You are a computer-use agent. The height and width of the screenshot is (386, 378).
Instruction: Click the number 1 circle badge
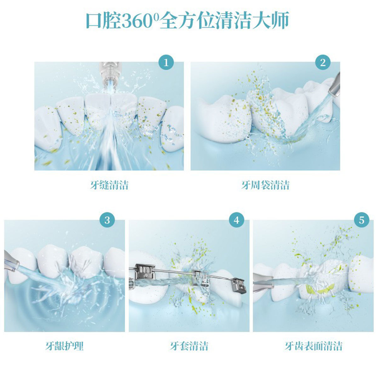click(166, 63)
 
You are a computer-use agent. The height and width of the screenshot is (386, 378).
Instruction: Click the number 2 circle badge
click(323, 63)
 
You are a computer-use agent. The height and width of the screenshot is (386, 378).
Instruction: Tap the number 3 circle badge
click(107, 220)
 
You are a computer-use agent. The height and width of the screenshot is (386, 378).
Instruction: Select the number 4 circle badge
click(237, 220)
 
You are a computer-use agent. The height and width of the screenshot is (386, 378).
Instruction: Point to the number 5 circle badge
click(362, 220)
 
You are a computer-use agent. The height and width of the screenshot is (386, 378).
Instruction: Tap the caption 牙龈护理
click(64, 346)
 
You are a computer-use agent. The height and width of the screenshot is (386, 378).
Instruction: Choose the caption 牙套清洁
click(189, 346)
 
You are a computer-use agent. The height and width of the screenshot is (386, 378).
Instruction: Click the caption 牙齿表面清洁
click(313, 346)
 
